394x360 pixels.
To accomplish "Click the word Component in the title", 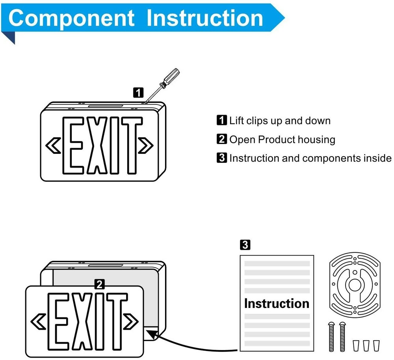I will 71,18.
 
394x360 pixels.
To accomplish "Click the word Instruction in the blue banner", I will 204,18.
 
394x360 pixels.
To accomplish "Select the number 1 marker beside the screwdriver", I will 138,93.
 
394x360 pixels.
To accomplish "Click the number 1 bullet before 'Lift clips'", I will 222,120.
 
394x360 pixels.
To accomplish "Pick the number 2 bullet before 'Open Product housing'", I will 222,139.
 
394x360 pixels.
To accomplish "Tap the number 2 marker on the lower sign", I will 100,284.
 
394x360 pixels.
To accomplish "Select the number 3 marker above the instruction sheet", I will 244,245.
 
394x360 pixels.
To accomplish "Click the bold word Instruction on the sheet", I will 277,304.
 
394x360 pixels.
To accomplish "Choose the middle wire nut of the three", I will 367,345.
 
